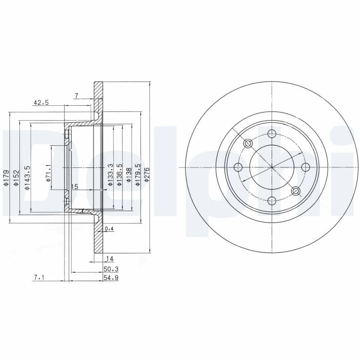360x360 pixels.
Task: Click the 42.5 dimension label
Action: (x=40, y=103)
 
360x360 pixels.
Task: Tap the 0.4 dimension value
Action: (x=108, y=229)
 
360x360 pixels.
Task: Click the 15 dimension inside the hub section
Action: (x=75, y=186)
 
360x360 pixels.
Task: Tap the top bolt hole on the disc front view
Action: (x=272, y=133)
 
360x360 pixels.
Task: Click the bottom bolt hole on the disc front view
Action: (x=272, y=201)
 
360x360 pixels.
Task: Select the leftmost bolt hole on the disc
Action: (x=238, y=167)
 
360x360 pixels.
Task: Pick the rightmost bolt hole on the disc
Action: (x=306, y=167)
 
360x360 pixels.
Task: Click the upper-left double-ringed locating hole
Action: (x=248, y=144)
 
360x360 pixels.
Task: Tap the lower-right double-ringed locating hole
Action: (x=296, y=191)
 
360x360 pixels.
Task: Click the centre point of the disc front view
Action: (x=272, y=167)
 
